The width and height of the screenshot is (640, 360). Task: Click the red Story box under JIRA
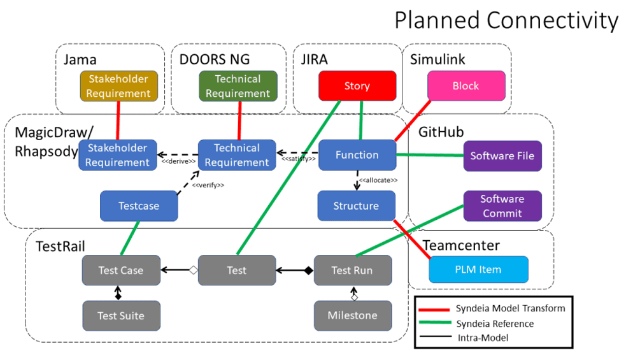357,86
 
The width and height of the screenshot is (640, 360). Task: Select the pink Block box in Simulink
466,86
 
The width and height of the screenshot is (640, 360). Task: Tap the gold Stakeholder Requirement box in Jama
118,86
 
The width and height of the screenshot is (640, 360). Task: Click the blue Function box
357,155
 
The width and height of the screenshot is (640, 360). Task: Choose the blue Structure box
356,206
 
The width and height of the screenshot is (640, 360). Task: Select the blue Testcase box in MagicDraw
139,206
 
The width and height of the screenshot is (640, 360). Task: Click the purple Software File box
502,155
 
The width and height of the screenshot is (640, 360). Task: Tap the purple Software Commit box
502,206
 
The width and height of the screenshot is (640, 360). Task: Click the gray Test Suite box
121,315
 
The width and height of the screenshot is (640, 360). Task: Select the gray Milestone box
352,315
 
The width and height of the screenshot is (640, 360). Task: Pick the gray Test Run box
352,270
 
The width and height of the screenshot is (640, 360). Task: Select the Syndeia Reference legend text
494,324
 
